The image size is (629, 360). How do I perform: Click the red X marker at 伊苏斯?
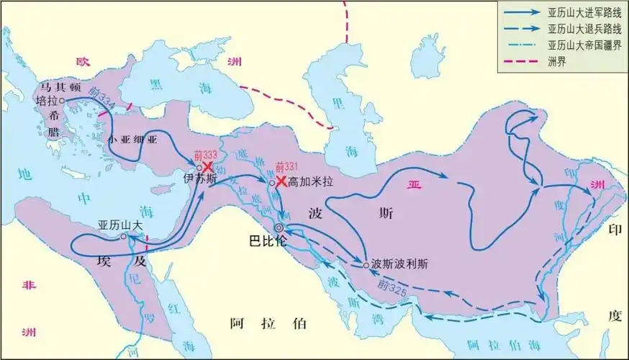[x=209, y=166]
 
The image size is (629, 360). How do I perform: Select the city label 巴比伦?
[x=268, y=240]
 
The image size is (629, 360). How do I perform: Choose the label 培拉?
[x=47, y=101]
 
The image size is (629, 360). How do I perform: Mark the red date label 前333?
[x=204, y=155]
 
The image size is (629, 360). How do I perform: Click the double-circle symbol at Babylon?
[x=279, y=228]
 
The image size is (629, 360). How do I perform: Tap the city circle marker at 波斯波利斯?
[x=366, y=264]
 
